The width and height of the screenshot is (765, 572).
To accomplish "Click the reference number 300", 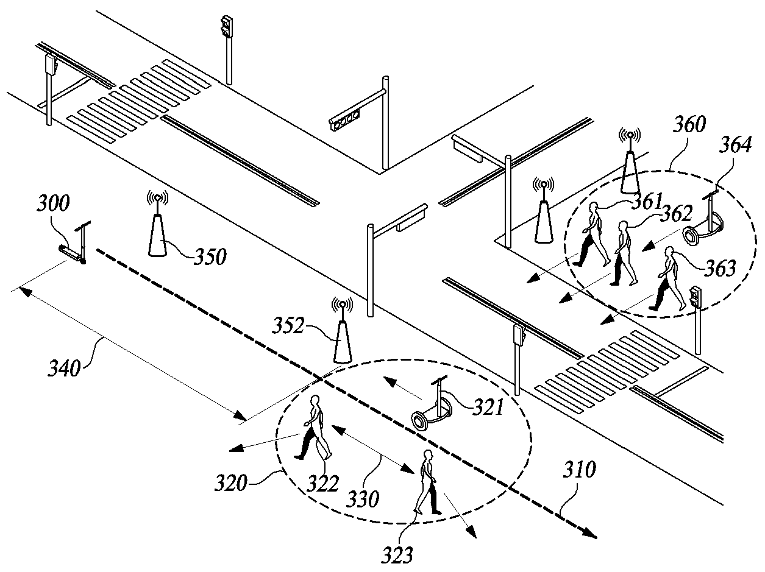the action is click(x=54, y=203).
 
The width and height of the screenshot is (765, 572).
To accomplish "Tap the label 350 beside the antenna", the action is click(x=210, y=256).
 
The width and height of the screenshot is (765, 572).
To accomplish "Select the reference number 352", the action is click(x=288, y=325).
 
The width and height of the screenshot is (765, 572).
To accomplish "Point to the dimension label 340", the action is click(x=65, y=368).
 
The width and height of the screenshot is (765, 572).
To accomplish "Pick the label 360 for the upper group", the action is click(x=689, y=124).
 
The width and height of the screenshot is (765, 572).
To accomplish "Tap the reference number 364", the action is click(x=735, y=144).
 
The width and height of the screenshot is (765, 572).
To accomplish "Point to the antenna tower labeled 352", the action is click(x=343, y=330).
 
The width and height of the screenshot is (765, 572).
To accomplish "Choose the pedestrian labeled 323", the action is click(x=427, y=482).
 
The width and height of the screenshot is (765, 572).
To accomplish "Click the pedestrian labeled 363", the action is click(x=667, y=278).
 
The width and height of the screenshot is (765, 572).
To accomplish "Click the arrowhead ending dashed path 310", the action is click(x=589, y=532).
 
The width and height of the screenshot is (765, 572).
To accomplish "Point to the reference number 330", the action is click(x=363, y=500).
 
